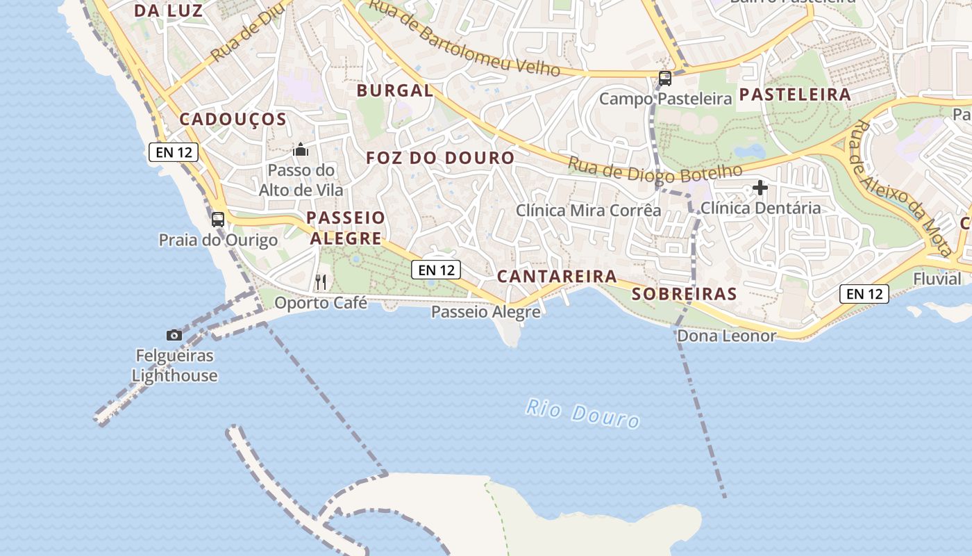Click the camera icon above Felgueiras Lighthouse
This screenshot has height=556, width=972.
(174, 336)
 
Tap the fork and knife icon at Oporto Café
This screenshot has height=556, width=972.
(321, 281)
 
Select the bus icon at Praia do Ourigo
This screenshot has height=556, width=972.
(218, 220)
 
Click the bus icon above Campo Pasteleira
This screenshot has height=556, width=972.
(665, 78)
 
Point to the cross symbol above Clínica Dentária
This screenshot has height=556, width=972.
(760, 188)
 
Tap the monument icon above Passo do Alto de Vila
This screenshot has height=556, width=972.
(301, 149)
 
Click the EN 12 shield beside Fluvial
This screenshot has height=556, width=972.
(864, 294)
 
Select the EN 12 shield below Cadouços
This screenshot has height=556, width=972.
(174, 152)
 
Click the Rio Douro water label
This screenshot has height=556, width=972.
(582, 413)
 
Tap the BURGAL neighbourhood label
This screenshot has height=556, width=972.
(395, 90)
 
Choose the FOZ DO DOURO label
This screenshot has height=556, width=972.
(440, 158)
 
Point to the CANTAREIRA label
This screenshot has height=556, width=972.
(557, 277)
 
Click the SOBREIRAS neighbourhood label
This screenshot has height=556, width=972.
(684, 294)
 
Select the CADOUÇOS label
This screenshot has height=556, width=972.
(233, 120)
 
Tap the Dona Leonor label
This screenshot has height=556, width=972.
(726, 336)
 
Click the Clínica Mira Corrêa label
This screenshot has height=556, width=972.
(589, 210)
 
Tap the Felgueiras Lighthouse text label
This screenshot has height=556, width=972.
(175, 366)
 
